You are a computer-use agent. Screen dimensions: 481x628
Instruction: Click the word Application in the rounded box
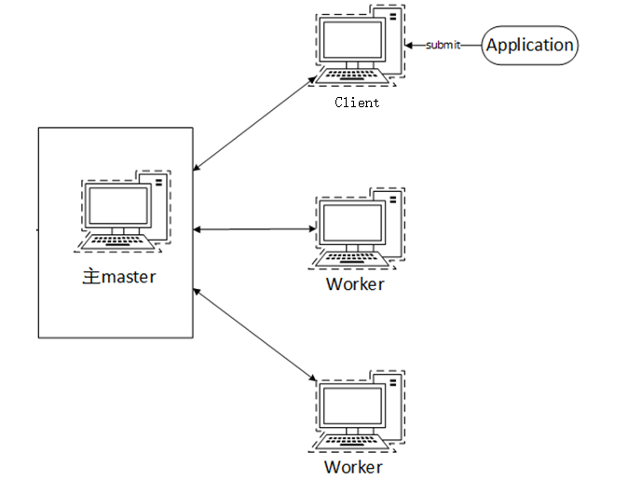(x=529, y=45)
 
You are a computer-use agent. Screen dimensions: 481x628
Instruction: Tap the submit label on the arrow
(x=443, y=45)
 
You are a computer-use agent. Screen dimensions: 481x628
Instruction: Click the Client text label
(x=357, y=103)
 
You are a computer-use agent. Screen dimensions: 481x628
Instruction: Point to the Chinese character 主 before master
(x=90, y=277)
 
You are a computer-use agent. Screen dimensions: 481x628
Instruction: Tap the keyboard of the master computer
(x=116, y=241)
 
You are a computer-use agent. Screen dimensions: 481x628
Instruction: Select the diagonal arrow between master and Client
(x=253, y=125)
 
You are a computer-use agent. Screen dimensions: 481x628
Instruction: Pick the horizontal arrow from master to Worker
(x=253, y=228)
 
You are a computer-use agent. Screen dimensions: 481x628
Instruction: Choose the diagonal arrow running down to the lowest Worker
(x=253, y=334)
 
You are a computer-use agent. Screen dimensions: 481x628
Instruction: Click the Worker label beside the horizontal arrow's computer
(x=355, y=284)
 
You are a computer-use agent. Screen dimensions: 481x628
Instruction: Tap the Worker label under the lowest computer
(x=353, y=466)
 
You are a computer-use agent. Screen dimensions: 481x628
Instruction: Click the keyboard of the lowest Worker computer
(x=350, y=438)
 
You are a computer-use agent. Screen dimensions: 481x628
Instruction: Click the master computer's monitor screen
(x=116, y=206)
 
